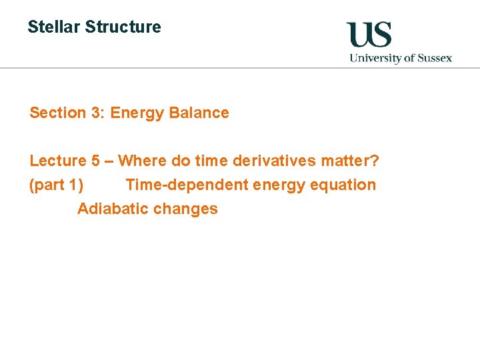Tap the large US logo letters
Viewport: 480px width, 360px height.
[369, 35]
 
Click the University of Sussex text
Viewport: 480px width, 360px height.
[401, 58]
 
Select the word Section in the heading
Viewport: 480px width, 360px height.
[58, 113]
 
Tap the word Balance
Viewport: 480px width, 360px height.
[199, 113]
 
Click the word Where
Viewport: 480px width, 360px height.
[140, 161]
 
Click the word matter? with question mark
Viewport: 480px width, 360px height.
[349, 161]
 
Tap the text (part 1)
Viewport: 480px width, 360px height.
[57, 185]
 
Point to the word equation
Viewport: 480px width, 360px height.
[347, 185]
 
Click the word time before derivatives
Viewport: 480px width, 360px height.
[211, 161]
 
